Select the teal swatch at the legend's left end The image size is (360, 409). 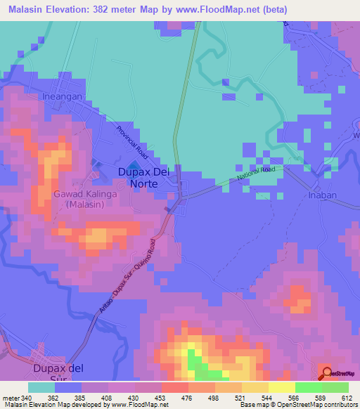tap(41, 387)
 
